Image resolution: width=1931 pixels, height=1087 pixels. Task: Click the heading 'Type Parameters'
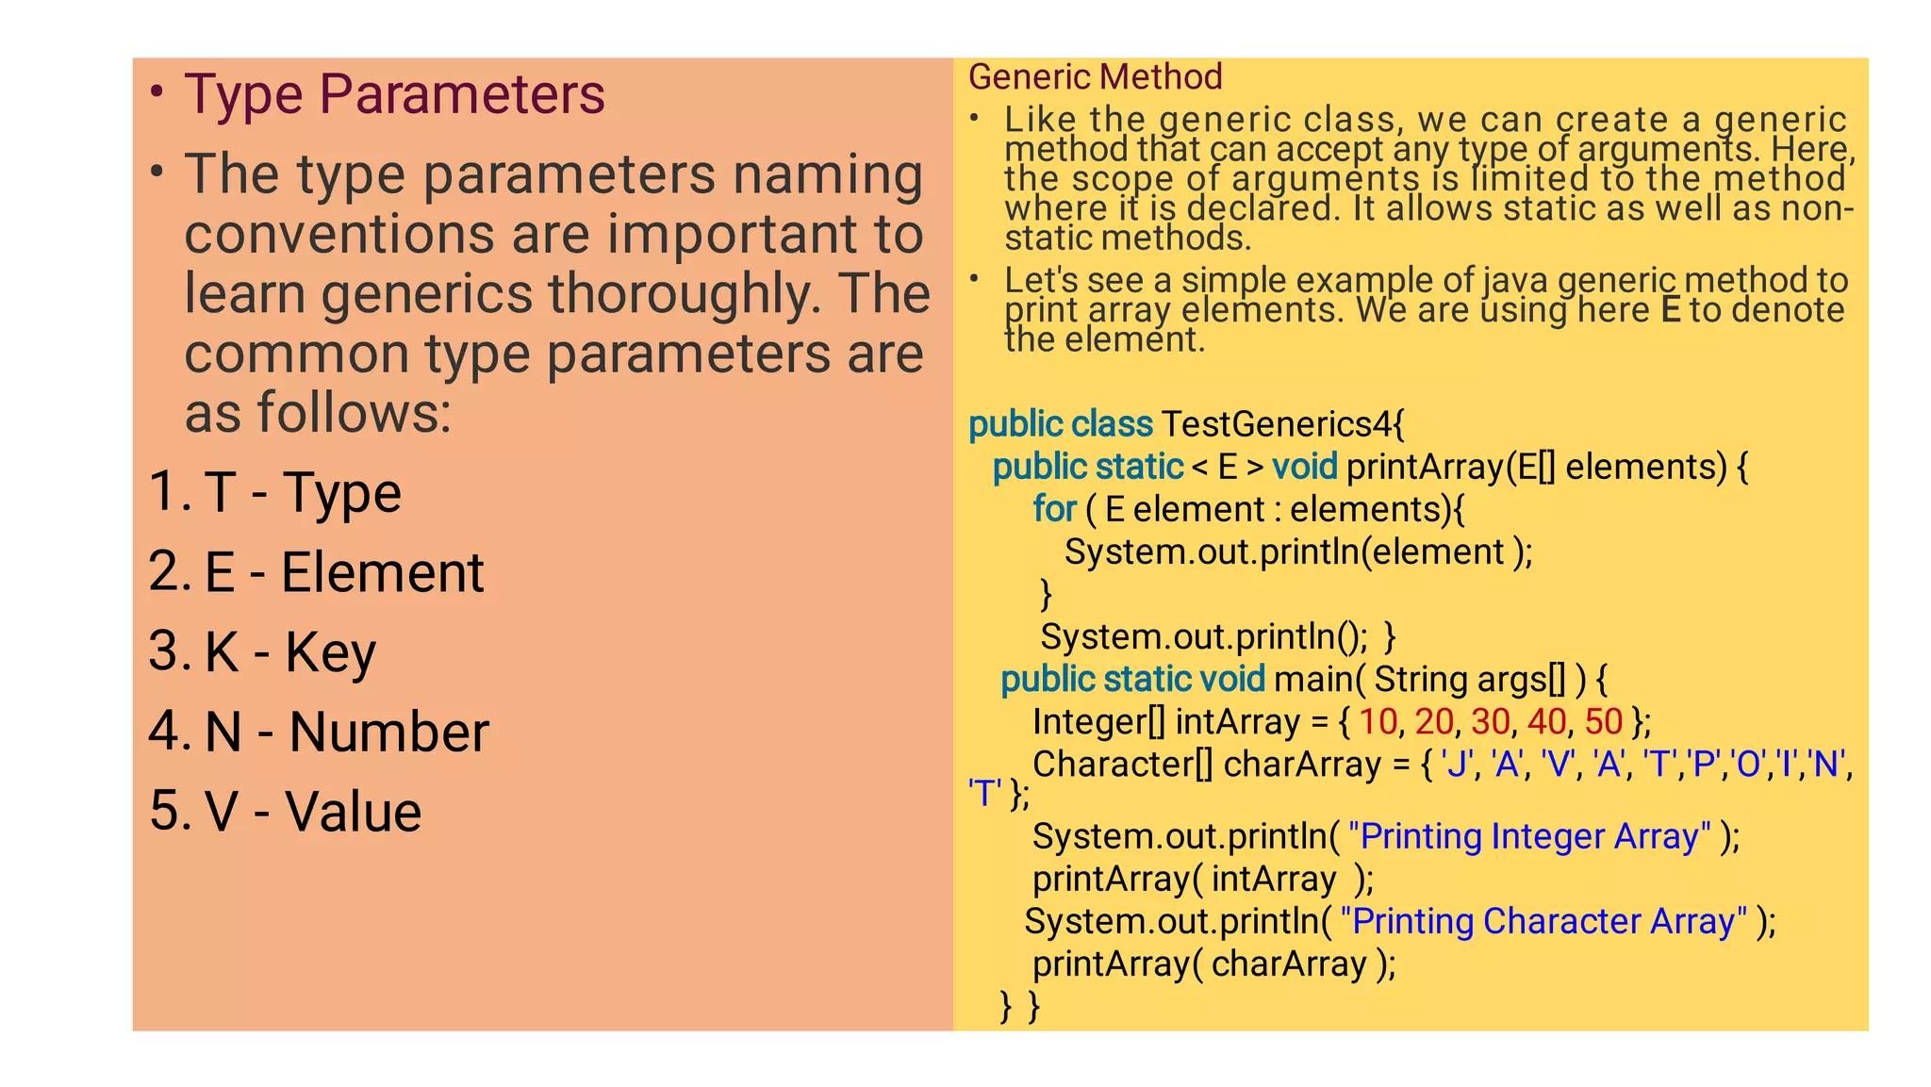pos(394,94)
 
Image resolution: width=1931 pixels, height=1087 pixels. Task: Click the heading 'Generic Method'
pos(1095,76)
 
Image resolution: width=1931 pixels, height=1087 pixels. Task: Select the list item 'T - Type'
pos(303,492)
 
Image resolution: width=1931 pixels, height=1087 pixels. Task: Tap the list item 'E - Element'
pos(344,572)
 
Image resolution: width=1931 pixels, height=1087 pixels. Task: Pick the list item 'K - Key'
pos(290,651)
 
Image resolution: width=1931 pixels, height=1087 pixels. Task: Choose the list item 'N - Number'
pos(347,732)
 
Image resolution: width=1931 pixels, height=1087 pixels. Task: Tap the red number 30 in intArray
pos(1490,721)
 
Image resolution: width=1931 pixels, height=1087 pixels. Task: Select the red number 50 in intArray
pos(1603,721)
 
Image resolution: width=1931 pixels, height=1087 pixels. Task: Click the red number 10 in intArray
pos(1378,721)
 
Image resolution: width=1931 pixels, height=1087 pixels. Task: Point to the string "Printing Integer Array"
pos(1529,836)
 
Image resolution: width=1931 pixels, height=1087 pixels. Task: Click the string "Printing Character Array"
pos(1543,921)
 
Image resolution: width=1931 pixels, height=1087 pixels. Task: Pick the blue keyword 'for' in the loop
pos(1054,509)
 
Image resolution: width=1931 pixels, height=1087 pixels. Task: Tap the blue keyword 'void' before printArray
pos(1304,467)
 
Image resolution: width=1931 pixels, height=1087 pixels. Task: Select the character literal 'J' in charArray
pos(1457,764)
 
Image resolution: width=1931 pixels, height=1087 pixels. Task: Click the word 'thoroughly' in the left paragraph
pos(680,293)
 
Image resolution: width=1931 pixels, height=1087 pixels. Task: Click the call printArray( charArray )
pos(1213,963)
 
